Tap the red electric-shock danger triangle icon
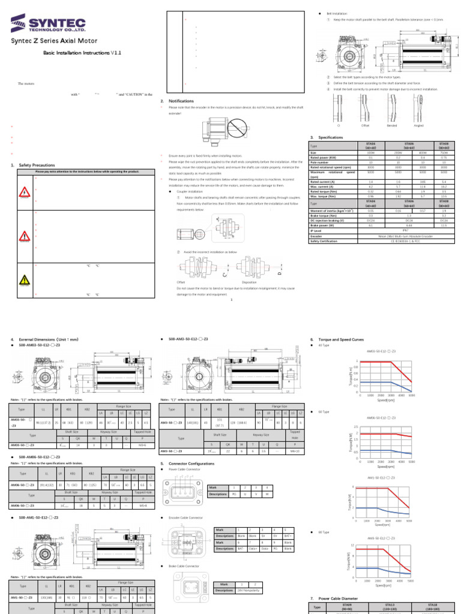point(25,192)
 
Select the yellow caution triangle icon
point(25,279)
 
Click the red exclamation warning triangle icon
point(25,236)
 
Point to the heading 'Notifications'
point(181,101)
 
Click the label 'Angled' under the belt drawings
point(419,125)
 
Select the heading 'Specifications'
point(330,137)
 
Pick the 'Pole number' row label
point(319,162)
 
